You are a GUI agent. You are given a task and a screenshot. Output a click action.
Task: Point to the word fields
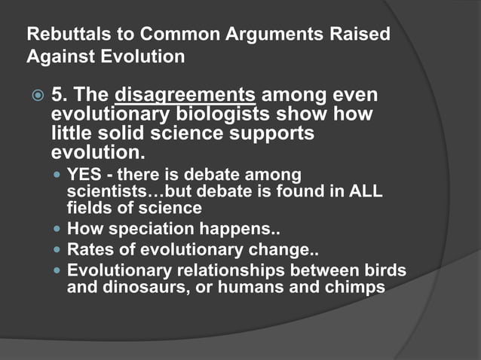(87, 208)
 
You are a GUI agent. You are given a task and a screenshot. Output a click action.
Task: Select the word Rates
(89, 249)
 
